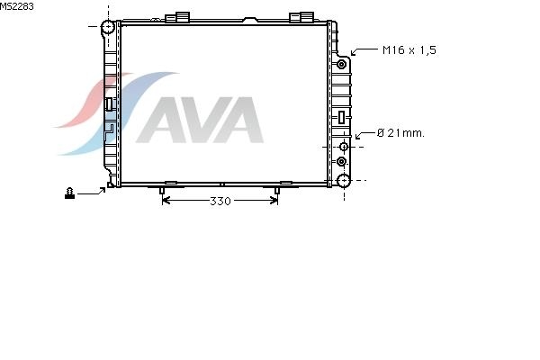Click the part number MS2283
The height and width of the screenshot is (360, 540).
(16, 6)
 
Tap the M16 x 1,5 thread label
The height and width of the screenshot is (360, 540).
(409, 50)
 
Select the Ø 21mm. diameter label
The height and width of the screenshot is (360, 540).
(400, 133)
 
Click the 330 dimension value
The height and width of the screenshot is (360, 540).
(220, 201)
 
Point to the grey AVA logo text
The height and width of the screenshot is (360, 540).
(200, 120)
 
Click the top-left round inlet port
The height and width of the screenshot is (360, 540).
(108, 27)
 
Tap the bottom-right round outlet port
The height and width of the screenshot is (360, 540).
(344, 181)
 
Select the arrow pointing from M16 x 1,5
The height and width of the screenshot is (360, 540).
(364, 51)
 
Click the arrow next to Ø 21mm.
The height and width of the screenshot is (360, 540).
(364, 134)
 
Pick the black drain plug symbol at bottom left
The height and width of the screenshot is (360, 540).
(69, 193)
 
